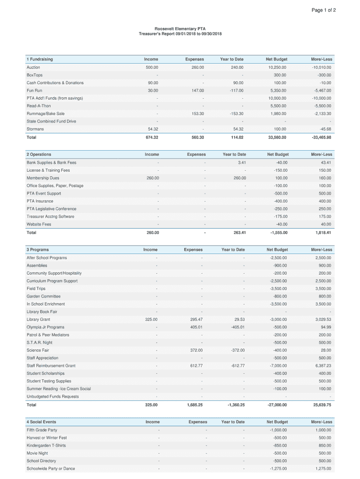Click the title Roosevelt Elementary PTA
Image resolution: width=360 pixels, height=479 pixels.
click(180, 29)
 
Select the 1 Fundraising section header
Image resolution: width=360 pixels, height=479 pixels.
click(40, 59)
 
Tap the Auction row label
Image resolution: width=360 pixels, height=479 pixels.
click(33, 67)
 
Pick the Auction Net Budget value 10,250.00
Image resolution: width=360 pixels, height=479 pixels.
click(276, 67)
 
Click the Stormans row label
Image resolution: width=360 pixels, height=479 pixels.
click(35, 129)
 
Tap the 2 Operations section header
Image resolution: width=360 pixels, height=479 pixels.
click(39, 154)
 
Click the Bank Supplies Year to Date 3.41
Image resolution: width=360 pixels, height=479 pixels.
click(242, 163)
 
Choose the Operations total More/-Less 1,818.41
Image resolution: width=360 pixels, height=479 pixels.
click(322, 232)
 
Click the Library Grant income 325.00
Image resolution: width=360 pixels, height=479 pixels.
click(151, 319)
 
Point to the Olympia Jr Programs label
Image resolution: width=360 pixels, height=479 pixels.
click(45, 327)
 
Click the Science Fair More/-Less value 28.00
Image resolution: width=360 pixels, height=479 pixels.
click(326, 350)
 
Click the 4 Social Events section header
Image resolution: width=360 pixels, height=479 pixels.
click(41, 422)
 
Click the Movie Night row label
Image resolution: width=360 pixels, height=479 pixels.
click(37, 453)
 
